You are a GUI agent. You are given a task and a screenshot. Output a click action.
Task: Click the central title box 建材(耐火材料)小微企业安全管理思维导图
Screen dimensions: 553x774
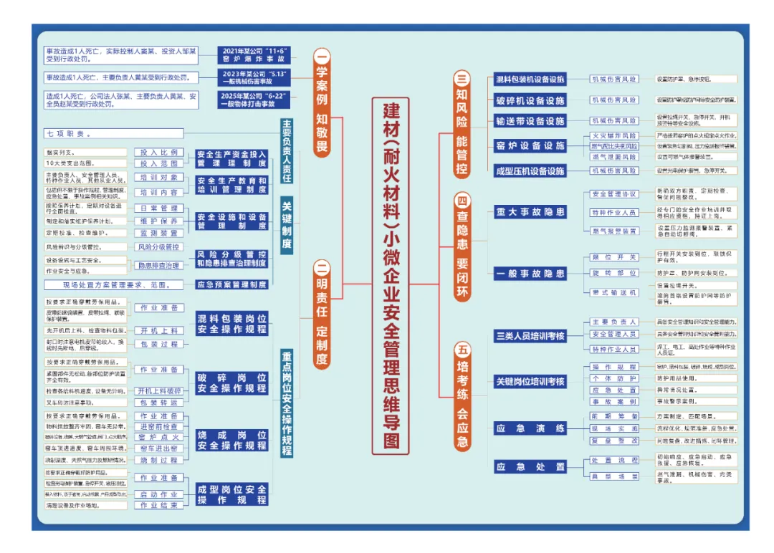point(391,276)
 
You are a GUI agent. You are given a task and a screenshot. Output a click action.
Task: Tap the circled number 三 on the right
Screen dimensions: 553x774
point(463,80)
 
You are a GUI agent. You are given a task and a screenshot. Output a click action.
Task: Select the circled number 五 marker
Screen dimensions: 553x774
point(463,350)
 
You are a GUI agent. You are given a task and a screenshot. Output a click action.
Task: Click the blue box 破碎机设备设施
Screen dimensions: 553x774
point(530,100)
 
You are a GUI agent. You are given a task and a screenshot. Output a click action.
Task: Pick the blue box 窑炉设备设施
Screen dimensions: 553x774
point(530,145)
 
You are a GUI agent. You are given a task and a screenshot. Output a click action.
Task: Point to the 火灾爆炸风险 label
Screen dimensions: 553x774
point(613,135)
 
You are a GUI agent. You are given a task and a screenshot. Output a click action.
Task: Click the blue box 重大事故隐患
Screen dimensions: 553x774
point(530,212)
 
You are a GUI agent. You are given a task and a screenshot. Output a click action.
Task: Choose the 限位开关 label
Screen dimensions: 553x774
point(613,257)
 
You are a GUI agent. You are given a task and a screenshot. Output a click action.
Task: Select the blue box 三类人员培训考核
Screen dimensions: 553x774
point(530,336)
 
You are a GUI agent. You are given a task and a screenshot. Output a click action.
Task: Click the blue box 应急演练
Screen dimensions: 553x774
point(530,428)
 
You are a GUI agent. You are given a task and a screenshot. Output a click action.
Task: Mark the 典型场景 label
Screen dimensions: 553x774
point(613,476)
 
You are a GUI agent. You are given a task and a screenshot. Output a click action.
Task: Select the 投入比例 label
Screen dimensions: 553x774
point(159,153)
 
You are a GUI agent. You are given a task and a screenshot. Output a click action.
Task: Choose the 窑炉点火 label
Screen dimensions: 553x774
point(159,437)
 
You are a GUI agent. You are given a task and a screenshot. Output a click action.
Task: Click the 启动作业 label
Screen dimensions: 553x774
point(159,494)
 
